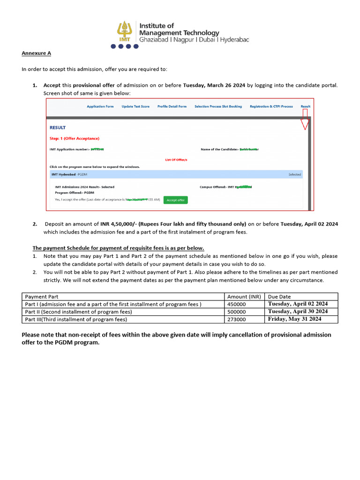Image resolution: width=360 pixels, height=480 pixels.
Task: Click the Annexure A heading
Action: pos(33,53)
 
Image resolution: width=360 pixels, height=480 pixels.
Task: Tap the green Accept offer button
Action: pos(175,200)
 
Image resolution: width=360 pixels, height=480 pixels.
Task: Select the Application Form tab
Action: pos(100,106)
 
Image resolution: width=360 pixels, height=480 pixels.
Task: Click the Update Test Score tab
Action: pos(135,106)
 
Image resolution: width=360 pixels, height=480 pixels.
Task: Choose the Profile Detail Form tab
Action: pos(172,106)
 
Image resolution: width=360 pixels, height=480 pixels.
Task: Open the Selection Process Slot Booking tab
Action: pos(218,106)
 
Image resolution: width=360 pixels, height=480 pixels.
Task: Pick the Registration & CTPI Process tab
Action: pos(271,106)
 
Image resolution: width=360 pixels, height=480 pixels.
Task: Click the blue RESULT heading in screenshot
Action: pos(58,127)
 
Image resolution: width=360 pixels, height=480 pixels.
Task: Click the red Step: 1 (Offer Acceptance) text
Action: pos(74,138)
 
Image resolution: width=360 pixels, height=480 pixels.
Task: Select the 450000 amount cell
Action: pos(237,304)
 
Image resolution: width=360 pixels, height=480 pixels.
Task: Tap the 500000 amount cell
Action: pos(237,312)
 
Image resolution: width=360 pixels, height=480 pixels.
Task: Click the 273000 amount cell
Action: pos(237,319)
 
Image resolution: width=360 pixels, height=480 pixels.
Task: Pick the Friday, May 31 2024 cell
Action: pos(294,319)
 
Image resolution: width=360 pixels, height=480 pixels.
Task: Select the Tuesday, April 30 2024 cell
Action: pos(298,312)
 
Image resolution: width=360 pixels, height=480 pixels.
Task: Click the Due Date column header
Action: pos(279,297)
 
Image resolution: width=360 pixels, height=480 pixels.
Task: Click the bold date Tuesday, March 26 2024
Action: pos(214,85)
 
